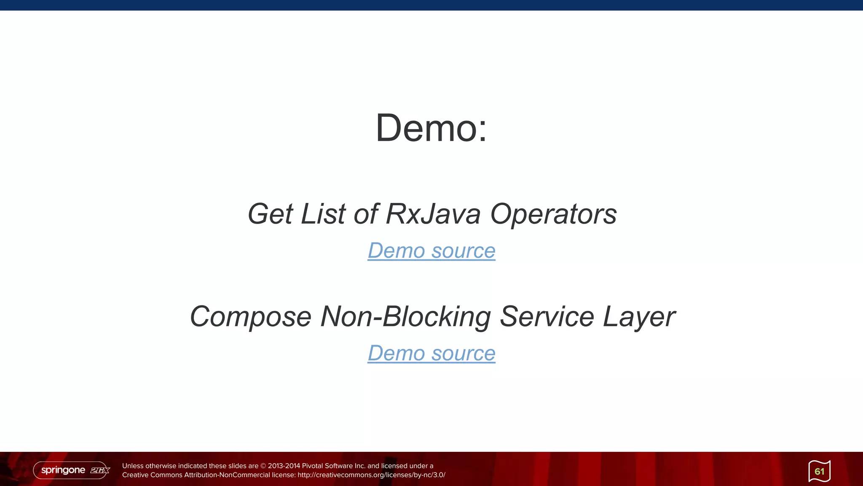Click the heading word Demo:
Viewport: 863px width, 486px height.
tap(431, 128)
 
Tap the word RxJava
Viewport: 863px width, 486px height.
tap(433, 214)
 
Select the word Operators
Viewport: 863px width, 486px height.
tap(553, 214)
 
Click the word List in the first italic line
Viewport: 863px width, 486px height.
tap(323, 214)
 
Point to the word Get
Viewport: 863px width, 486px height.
tap(270, 214)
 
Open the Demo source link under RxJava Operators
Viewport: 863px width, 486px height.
tap(431, 251)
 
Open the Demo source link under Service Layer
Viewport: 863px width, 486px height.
tap(431, 353)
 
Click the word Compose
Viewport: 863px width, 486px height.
tap(250, 317)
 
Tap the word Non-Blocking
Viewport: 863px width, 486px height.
tap(405, 317)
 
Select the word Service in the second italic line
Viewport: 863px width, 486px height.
tap(547, 317)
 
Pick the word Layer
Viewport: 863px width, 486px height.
tap(639, 317)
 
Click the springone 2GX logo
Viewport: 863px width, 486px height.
tap(72, 470)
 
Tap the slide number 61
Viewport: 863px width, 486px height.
tap(819, 471)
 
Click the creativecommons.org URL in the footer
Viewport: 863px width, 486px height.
tap(371, 475)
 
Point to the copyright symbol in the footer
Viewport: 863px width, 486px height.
tap(263, 466)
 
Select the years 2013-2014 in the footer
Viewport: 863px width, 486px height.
tap(284, 466)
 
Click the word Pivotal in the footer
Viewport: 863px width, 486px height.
tap(312, 466)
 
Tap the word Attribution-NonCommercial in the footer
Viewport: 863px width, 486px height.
tap(227, 475)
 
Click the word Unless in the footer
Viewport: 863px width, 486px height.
tap(133, 466)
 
